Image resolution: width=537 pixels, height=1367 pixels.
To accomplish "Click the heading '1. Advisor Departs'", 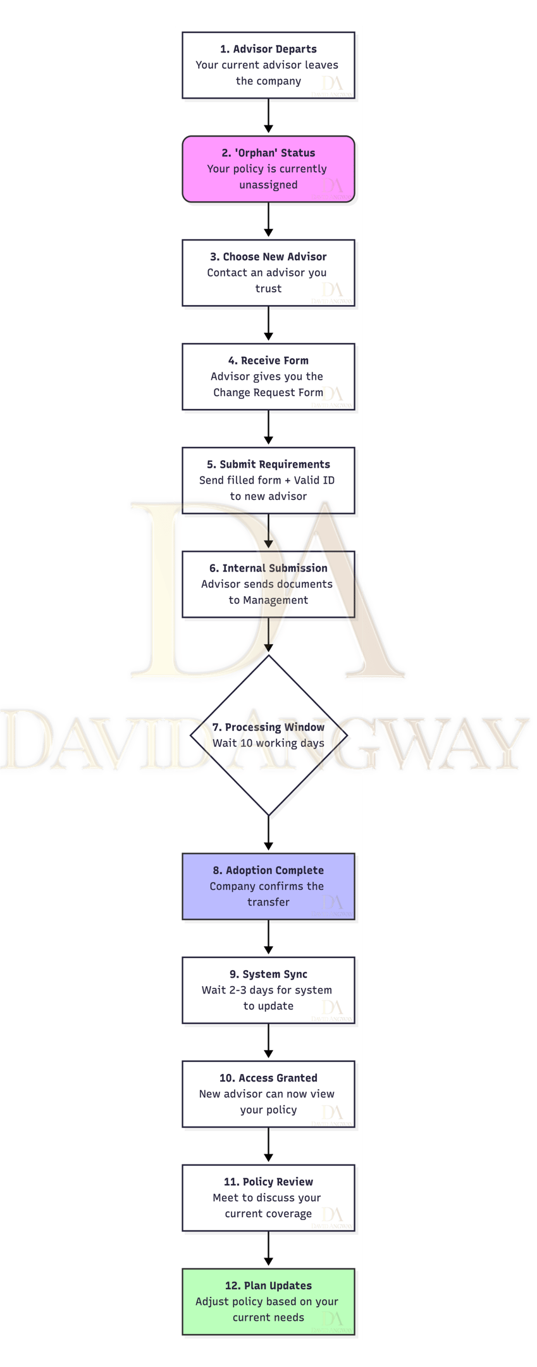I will tap(268, 49).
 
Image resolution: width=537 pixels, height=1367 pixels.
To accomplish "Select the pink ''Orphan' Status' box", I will tap(268, 169).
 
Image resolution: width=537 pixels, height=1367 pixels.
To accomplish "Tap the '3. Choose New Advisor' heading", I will tap(268, 257).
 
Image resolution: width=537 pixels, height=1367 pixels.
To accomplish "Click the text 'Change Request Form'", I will tap(268, 393).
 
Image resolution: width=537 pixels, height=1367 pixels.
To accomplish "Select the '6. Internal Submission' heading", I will tap(268, 568).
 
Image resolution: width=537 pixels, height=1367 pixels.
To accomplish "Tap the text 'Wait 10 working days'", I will tap(268, 744).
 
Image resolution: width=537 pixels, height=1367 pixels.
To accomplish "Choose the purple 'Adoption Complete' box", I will tap(268, 887).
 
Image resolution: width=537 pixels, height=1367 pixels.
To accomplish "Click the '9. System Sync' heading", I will tap(268, 975).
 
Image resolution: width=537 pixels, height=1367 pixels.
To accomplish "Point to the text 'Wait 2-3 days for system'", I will tap(267, 990).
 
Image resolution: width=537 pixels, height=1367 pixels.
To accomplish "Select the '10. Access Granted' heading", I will tap(268, 1078).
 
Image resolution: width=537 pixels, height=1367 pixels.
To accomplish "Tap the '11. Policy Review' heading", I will tap(268, 1182).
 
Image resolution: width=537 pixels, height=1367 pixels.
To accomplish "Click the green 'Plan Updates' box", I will tap(268, 1302).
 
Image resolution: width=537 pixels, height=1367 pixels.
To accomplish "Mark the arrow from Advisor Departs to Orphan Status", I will tap(268, 116).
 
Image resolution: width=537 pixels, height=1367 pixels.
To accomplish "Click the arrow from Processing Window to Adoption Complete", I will tap(268, 833).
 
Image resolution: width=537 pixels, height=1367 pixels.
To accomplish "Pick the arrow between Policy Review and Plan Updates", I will tap(268, 1249).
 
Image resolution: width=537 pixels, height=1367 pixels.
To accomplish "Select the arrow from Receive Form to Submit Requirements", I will tap(268, 428).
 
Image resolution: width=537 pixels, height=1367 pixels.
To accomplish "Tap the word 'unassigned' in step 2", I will tap(268, 185).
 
